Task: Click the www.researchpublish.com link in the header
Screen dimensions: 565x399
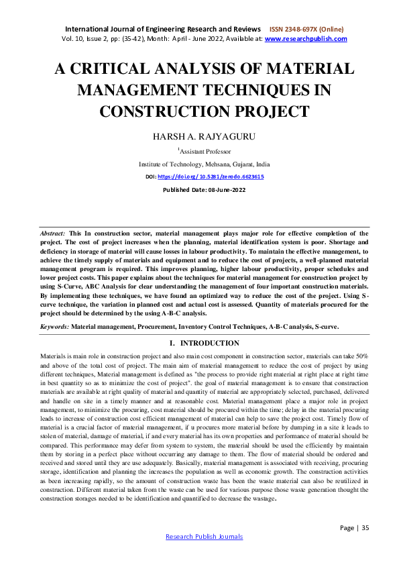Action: pos(306,39)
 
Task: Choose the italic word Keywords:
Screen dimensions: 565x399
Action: pos(55,327)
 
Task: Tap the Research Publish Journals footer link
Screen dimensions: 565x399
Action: pos(205,536)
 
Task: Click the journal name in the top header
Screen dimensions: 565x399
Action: pos(164,30)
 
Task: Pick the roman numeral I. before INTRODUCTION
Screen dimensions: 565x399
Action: pos(174,343)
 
